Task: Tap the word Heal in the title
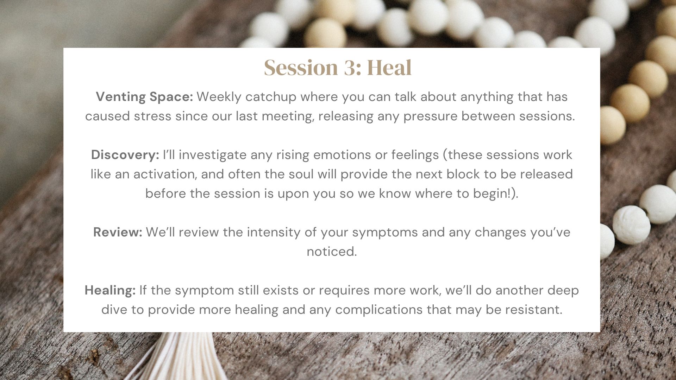coord(389,68)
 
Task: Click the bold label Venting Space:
coord(144,97)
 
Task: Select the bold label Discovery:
coord(125,155)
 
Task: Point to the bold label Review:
coord(118,232)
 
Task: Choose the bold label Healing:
coord(110,291)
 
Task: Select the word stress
coord(153,116)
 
